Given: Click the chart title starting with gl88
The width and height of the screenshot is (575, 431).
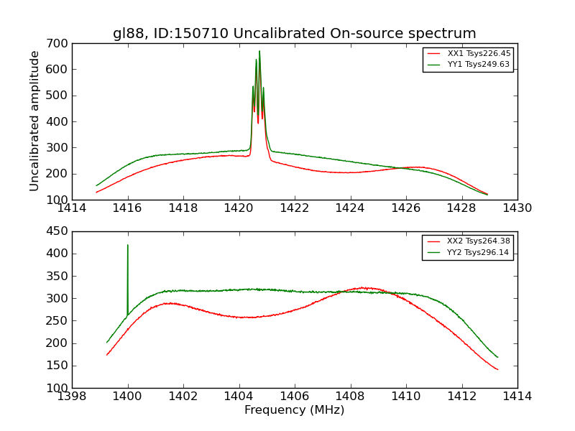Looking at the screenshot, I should tap(294, 34).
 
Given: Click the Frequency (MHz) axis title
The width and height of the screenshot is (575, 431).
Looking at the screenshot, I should tap(294, 410).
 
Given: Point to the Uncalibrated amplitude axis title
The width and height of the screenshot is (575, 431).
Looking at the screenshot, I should tap(34, 121).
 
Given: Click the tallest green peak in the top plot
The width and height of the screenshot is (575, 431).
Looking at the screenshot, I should tap(259, 51).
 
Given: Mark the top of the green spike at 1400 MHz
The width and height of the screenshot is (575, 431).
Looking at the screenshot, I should tap(128, 245).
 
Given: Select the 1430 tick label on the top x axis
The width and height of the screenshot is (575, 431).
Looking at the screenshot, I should tap(517, 208).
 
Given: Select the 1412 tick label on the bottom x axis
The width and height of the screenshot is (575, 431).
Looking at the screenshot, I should tap(461, 397).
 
